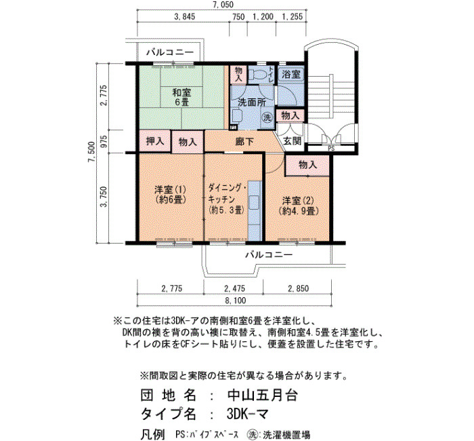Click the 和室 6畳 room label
point(181,96)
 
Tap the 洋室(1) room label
point(170,195)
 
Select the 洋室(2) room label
point(299,206)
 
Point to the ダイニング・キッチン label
point(227,199)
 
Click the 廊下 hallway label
point(244,142)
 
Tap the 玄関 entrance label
point(293,141)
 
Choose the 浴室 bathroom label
point(290,74)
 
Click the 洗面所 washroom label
point(252,102)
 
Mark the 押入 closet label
point(155,141)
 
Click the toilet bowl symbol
point(257,74)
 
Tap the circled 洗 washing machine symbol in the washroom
point(267,117)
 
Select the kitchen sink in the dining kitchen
point(254,203)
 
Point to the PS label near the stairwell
point(331,149)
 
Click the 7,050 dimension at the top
point(222,5)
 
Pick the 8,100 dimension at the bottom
point(235,301)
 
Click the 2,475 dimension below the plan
point(234,288)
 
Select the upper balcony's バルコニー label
point(170,52)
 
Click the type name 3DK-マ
point(247,414)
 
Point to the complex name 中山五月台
point(263,396)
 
